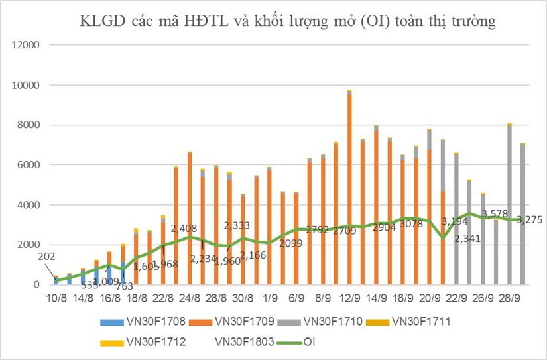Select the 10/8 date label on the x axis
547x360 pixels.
pos(56,298)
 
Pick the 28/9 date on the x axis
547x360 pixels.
pos(509,298)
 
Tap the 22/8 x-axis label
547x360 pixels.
pos(163,298)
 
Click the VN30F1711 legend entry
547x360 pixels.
pos(430,322)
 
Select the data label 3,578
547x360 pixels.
pos(495,213)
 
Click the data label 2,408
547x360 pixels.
pos(185,229)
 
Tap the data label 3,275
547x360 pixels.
pos(528,220)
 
